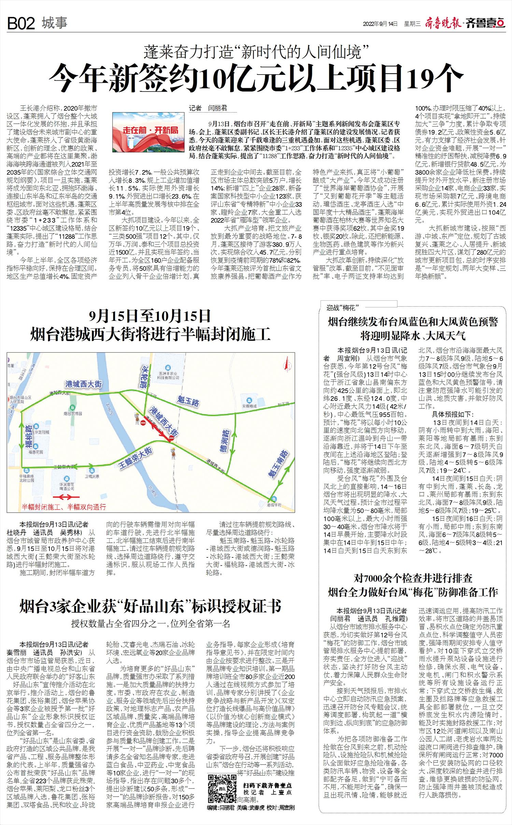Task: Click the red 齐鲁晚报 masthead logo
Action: (443, 23)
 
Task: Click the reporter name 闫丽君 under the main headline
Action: (217, 108)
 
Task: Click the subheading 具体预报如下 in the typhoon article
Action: (453, 414)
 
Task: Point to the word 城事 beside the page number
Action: (55, 23)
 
